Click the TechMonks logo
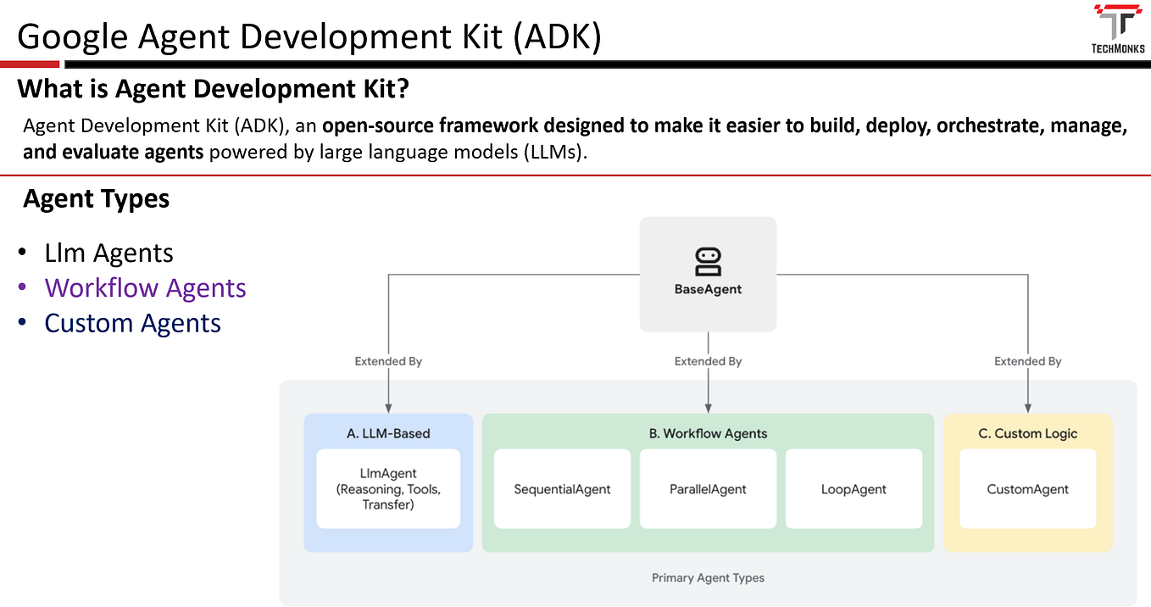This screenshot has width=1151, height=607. (x=1118, y=28)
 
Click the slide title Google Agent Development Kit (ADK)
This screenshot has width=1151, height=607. (x=309, y=37)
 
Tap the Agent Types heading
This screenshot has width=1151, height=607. (x=97, y=198)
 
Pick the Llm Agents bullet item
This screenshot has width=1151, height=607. (x=108, y=253)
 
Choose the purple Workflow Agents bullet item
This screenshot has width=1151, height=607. (x=145, y=288)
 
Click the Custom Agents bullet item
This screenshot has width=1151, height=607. (x=132, y=323)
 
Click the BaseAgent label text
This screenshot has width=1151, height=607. (x=708, y=289)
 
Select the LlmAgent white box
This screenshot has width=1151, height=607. (x=388, y=489)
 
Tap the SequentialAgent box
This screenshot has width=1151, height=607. (x=562, y=489)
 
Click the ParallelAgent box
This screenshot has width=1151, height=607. (x=708, y=489)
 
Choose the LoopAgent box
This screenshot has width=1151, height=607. (x=854, y=489)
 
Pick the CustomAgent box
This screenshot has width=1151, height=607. (x=1027, y=489)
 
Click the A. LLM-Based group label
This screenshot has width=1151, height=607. (x=388, y=433)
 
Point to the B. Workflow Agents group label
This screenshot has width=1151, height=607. (x=708, y=433)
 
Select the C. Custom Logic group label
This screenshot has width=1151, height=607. (x=1027, y=433)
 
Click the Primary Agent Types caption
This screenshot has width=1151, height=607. (x=708, y=578)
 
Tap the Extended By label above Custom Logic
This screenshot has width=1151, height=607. (x=1027, y=361)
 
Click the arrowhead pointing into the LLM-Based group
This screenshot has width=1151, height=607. (x=388, y=407)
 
